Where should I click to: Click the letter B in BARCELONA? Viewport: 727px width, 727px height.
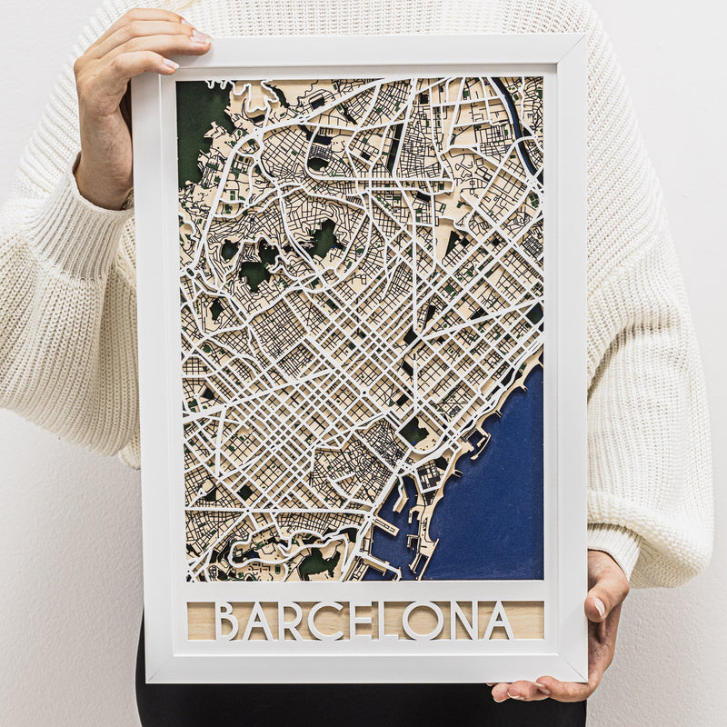click(x=226, y=621)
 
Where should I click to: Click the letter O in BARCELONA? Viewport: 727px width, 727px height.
click(x=423, y=621)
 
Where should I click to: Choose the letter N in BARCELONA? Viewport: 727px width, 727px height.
click(x=463, y=621)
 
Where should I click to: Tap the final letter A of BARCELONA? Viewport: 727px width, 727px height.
click(x=498, y=621)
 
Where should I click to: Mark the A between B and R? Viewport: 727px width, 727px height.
click(x=258, y=621)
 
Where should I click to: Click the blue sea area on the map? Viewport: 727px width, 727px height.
click(x=491, y=491)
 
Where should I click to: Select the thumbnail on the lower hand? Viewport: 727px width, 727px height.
click(x=599, y=606)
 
